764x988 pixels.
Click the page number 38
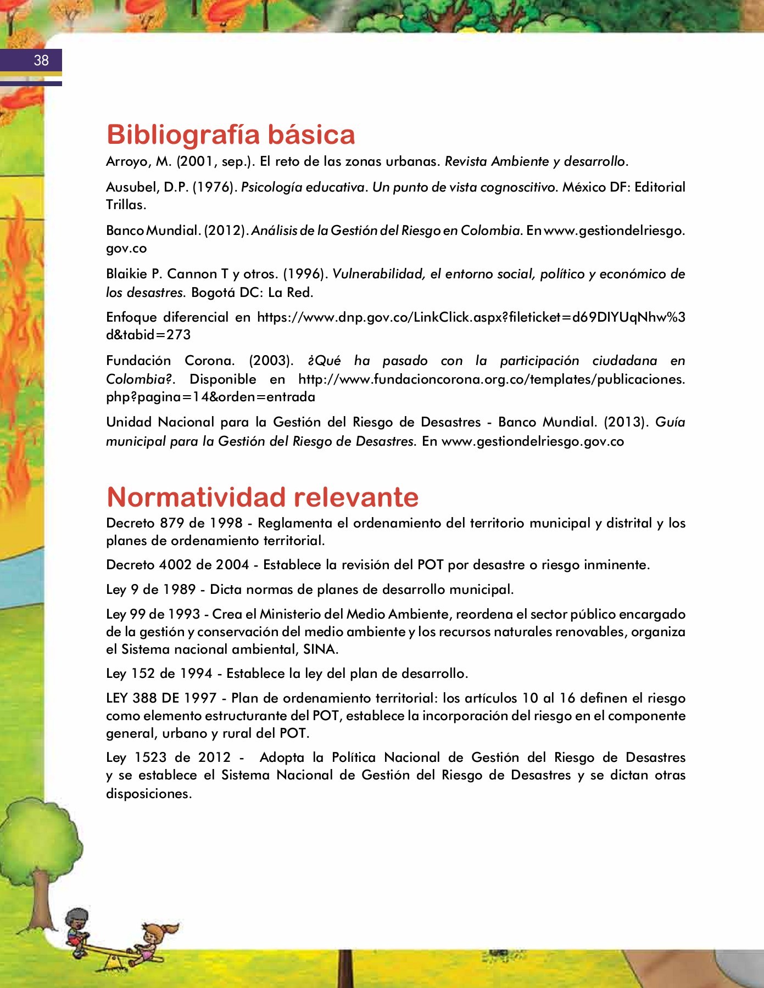tap(41, 60)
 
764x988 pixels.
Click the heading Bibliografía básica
tap(231, 134)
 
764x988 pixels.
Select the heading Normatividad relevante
tap(262, 497)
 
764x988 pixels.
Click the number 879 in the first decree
tap(172, 523)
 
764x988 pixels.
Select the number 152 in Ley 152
tap(144, 673)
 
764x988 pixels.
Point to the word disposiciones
tap(148, 794)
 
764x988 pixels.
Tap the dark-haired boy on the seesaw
tap(77, 928)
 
